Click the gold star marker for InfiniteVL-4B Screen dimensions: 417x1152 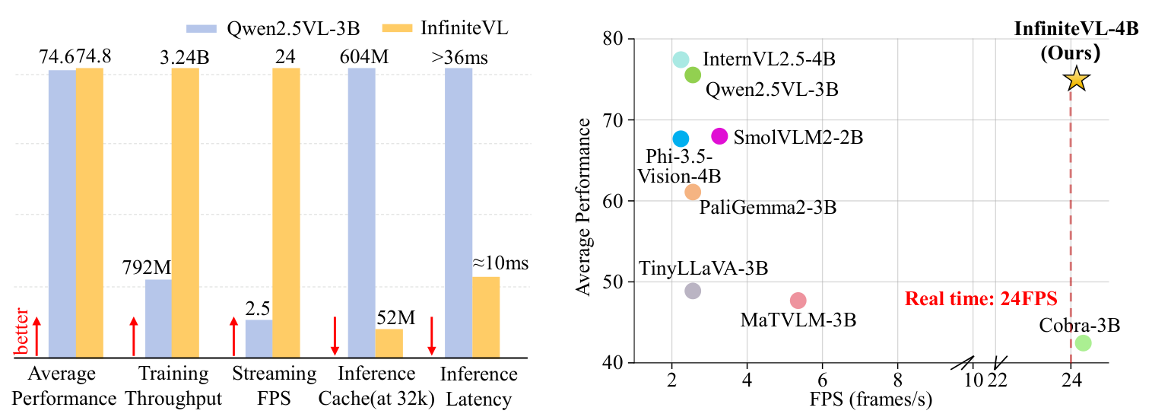pyautogui.click(x=1075, y=78)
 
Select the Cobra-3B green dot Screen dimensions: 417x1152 pyautogui.click(x=1083, y=343)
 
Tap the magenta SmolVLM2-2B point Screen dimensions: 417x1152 pyautogui.click(x=719, y=136)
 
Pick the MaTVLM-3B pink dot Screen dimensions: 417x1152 pyautogui.click(x=798, y=301)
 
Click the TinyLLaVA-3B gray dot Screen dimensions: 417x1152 pyautogui.click(x=693, y=291)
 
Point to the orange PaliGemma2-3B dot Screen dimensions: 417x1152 pyautogui.click(x=693, y=192)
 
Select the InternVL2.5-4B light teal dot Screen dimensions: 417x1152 pyautogui.click(x=681, y=59)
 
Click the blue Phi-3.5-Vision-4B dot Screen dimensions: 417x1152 pyautogui.click(x=681, y=138)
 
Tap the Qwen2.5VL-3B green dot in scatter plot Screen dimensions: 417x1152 pyautogui.click(x=693, y=75)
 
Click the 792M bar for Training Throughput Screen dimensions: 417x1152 pyautogui.click(x=158, y=318)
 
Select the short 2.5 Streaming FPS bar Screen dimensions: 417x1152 pyautogui.click(x=259, y=338)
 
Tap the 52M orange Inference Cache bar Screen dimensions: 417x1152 pyautogui.click(x=389, y=342)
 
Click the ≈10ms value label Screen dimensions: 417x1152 pyautogui.click(x=500, y=264)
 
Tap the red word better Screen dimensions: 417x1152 pyautogui.click(x=23, y=332)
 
